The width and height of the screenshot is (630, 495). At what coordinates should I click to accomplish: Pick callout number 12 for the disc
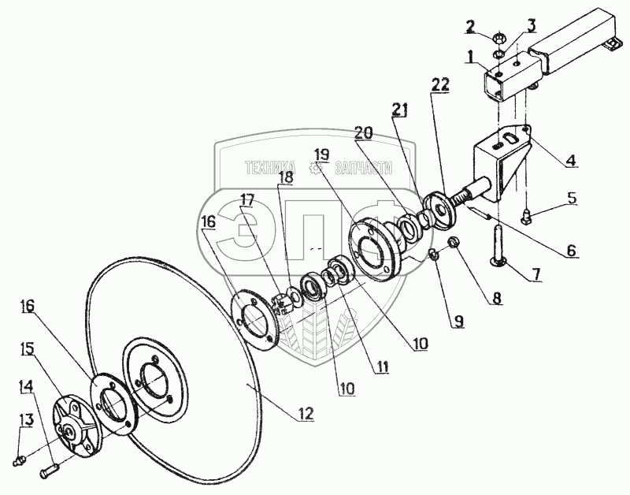click(305, 412)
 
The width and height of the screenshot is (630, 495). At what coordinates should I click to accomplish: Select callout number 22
click(440, 84)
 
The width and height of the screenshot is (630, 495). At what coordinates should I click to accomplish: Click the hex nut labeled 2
click(498, 38)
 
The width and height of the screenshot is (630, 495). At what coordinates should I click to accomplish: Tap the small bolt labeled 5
click(526, 212)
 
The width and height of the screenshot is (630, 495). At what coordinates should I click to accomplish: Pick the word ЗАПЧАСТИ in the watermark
click(363, 168)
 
